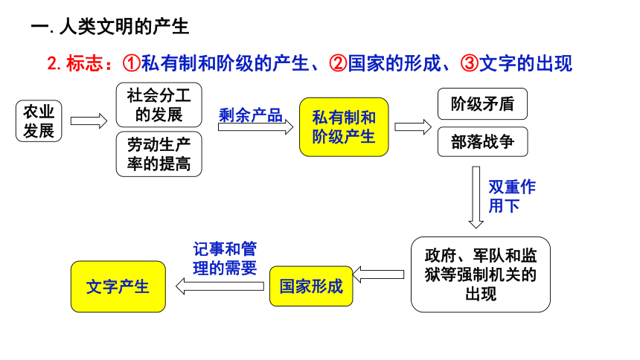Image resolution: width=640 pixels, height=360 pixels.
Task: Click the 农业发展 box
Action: click(x=39, y=121)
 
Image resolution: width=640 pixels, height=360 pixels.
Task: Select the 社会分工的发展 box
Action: click(x=159, y=105)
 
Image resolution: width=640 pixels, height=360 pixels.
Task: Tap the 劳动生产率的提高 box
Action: click(x=159, y=154)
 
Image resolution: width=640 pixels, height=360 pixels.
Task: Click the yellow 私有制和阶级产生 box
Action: click(x=344, y=127)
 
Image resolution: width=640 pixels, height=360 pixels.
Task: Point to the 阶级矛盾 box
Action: click(x=482, y=103)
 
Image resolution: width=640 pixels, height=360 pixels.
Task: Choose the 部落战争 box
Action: click(x=482, y=141)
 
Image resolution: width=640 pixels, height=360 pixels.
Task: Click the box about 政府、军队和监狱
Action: click(x=481, y=274)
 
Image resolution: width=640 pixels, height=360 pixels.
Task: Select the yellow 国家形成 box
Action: click(x=311, y=286)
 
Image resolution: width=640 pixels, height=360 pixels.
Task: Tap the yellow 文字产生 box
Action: click(x=118, y=286)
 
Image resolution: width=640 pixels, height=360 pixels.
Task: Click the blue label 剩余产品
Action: click(x=251, y=115)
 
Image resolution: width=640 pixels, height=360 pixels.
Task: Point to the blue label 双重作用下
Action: click(x=512, y=196)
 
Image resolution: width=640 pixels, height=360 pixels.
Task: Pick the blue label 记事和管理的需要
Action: click(x=225, y=258)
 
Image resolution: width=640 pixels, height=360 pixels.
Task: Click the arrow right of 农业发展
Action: click(x=89, y=121)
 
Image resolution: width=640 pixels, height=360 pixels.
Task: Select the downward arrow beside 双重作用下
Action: click(x=476, y=197)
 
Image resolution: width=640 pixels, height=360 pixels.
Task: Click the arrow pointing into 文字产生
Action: click(x=220, y=286)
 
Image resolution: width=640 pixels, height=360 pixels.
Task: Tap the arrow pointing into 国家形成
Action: click(x=378, y=274)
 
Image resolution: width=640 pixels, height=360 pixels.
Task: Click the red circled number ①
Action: click(x=132, y=63)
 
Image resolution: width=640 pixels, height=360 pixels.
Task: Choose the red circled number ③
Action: click(x=470, y=63)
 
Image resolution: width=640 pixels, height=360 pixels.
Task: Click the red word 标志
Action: click(x=85, y=63)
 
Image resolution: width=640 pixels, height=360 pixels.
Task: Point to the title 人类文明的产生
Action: click(x=124, y=27)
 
